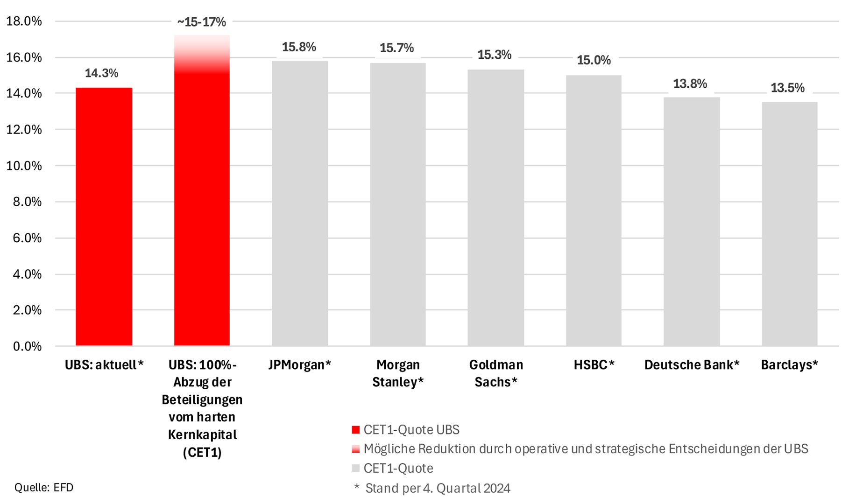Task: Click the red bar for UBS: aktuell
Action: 104,217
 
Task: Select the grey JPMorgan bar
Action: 300,203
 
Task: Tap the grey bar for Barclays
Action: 789,224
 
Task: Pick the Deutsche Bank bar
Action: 691,222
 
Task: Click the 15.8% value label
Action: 299,47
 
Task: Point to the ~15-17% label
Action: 201,22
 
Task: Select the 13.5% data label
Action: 787,88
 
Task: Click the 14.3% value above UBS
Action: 101,73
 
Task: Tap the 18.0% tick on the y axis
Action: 24,21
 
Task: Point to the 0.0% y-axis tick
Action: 27,346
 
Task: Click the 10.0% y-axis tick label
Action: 24,166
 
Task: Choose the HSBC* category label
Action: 594,365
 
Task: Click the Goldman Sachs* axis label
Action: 496,373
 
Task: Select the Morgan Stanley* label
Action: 398,373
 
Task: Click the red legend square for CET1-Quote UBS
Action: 356,430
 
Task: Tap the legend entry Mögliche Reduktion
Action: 586,449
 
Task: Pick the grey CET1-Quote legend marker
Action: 356,468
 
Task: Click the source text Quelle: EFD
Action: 44,488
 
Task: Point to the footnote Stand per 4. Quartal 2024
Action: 438,488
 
